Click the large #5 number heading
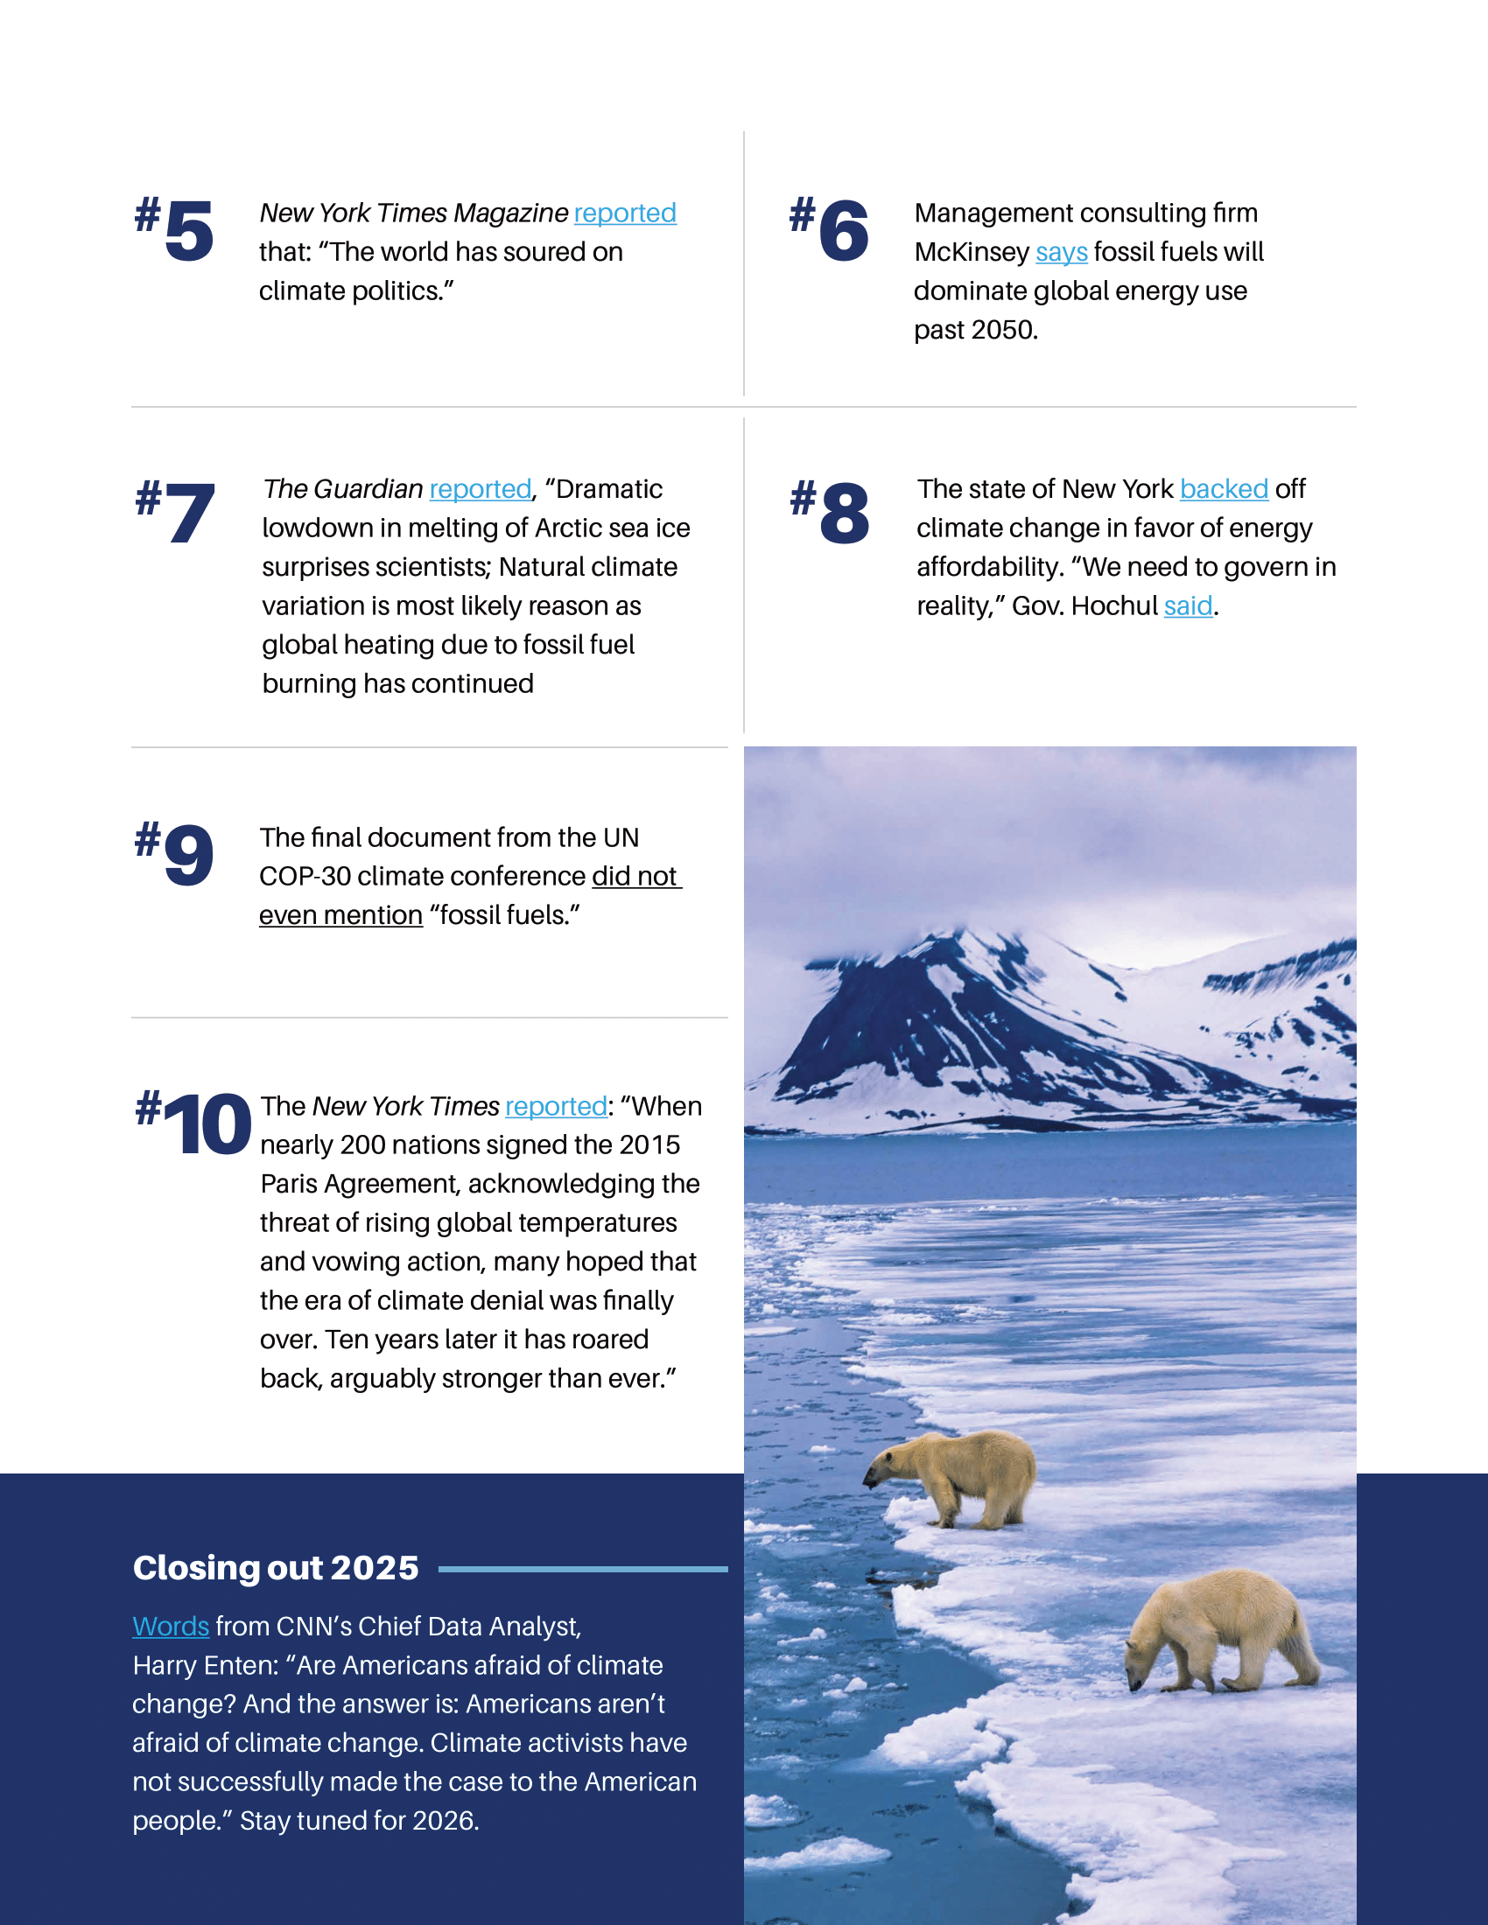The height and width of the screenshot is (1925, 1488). click(x=175, y=230)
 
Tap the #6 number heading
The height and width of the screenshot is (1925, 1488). click(x=830, y=230)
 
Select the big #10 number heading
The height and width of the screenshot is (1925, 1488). click(x=194, y=1123)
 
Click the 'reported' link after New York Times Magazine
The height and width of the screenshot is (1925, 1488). click(x=625, y=213)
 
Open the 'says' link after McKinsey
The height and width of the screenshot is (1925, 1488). click(x=1062, y=252)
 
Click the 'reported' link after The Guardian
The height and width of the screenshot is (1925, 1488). click(x=481, y=489)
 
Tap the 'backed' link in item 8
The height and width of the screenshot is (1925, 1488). click(x=1224, y=489)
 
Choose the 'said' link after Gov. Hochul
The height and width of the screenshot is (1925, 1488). click(x=1188, y=606)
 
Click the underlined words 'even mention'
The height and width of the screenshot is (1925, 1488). click(x=341, y=916)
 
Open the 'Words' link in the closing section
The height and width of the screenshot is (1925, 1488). click(x=171, y=1627)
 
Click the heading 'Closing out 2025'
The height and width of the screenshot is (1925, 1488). click(x=276, y=1568)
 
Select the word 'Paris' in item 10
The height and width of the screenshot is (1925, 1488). click(x=289, y=1184)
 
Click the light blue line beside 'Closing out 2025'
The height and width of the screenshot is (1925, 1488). click(x=583, y=1569)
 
